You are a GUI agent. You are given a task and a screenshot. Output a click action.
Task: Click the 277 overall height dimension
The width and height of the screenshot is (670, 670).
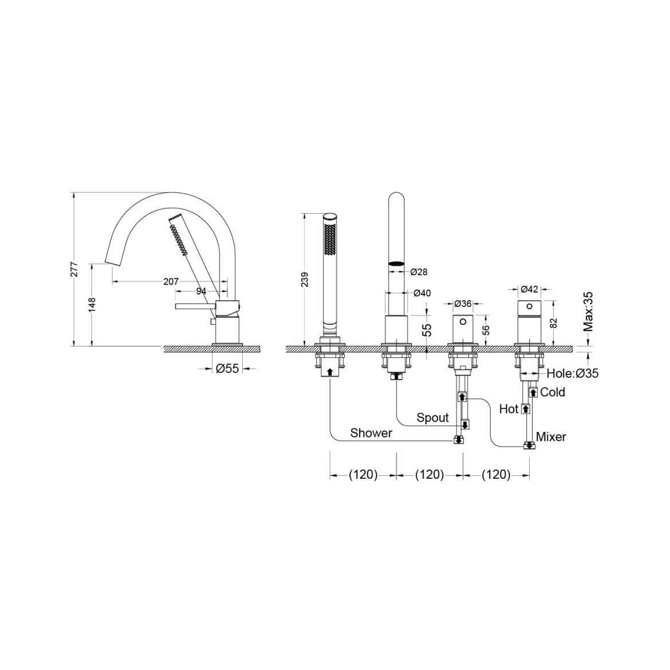pyautogui.click(x=74, y=269)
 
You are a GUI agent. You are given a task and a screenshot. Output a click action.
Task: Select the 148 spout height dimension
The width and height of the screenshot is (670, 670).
pyautogui.click(x=92, y=305)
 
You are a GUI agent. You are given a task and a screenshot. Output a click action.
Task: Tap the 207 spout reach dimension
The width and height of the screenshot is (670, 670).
pyautogui.click(x=171, y=282)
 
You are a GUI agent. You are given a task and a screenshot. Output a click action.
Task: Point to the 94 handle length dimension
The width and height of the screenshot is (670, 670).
pyautogui.click(x=201, y=291)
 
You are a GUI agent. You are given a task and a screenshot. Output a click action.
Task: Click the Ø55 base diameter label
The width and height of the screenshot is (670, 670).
pyautogui.click(x=227, y=368)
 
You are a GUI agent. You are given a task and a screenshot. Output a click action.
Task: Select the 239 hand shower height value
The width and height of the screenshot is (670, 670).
pyautogui.click(x=305, y=280)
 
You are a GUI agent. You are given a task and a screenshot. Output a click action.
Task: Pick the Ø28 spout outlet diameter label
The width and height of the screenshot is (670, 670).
pyautogui.click(x=419, y=272)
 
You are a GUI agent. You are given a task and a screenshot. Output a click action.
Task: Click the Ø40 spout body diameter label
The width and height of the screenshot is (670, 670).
pyautogui.click(x=422, y=293)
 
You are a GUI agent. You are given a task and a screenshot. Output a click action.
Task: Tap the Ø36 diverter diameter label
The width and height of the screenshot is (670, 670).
pyautogui.click(x=463, y=304)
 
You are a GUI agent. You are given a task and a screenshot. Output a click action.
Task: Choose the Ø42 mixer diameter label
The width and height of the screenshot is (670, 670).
pyautogui.click(x=530, y=289)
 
